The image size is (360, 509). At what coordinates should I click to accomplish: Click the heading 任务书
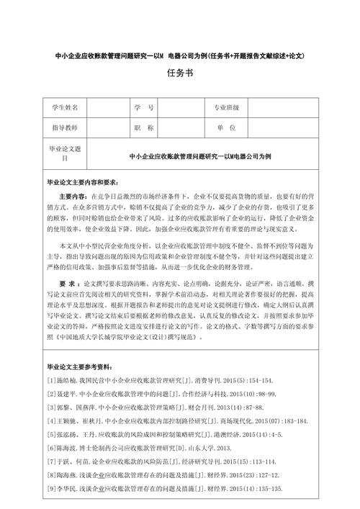pos(180,74)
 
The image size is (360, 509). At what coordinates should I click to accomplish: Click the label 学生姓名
pos(66,108)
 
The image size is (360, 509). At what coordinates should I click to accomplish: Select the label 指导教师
pos(66,127)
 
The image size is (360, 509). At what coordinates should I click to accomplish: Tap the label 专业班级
pos(225,108)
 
